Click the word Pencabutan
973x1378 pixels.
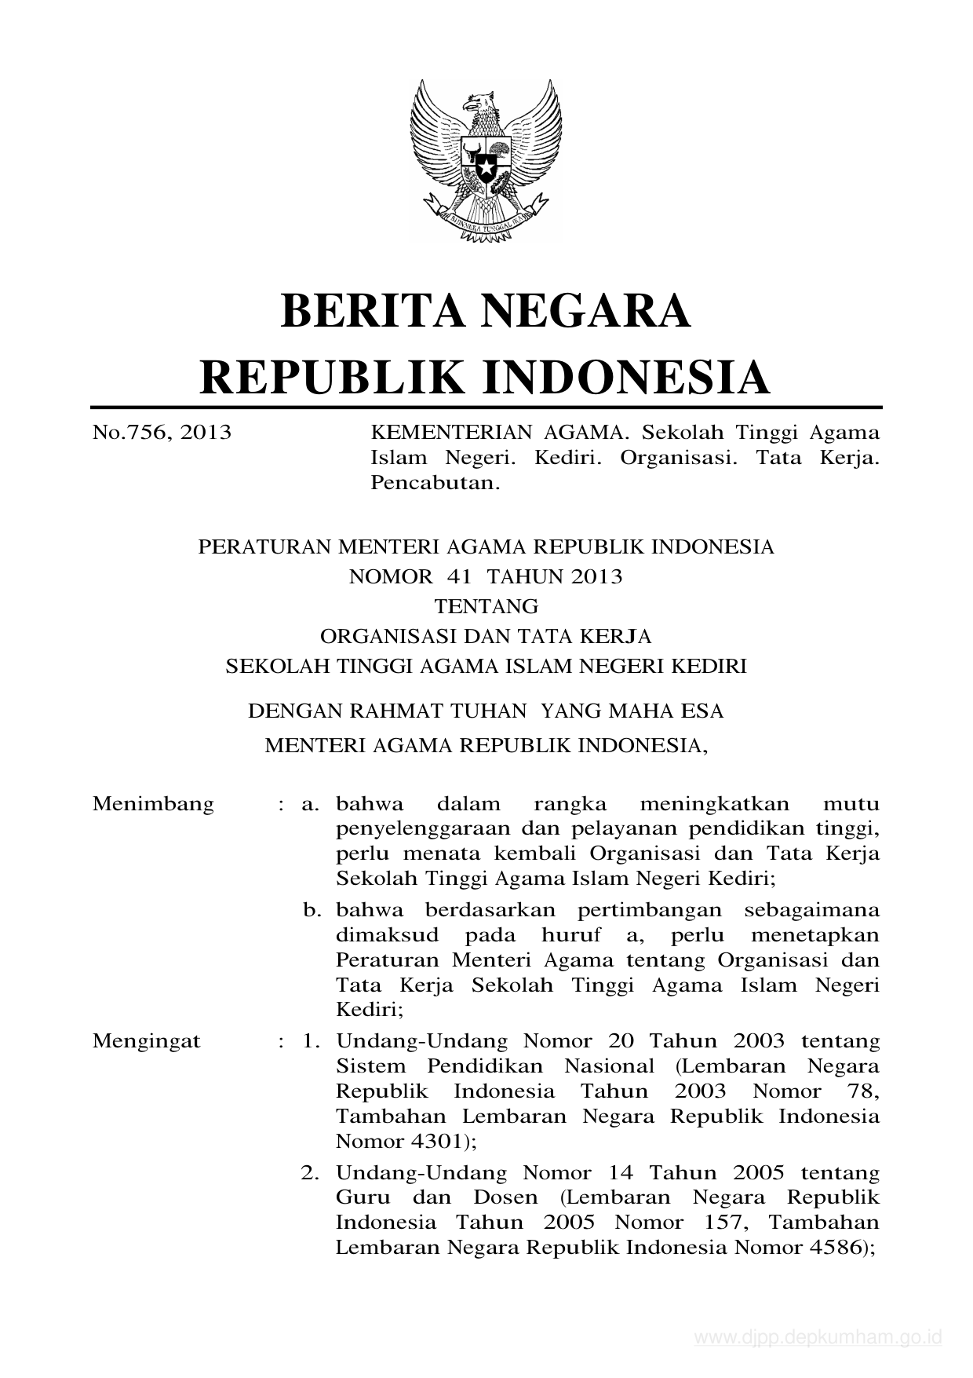pyautogui.click(x=435, y=482)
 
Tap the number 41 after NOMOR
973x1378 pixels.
pyautogui.click(x=460, y=576)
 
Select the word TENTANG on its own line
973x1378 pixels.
pyautogui.click(x=486, y=606)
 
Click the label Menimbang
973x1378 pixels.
pyautogui.click(x=153, y=804)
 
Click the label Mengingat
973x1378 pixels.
pyautogui.click(x=147, y=1041)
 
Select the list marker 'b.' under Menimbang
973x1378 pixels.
pyautogui.click(x=314, y=910)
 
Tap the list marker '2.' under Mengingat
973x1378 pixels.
pyautogui.click(x=312, y=1173)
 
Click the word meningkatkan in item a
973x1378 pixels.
pyautogui.click(x=703, y=804)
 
